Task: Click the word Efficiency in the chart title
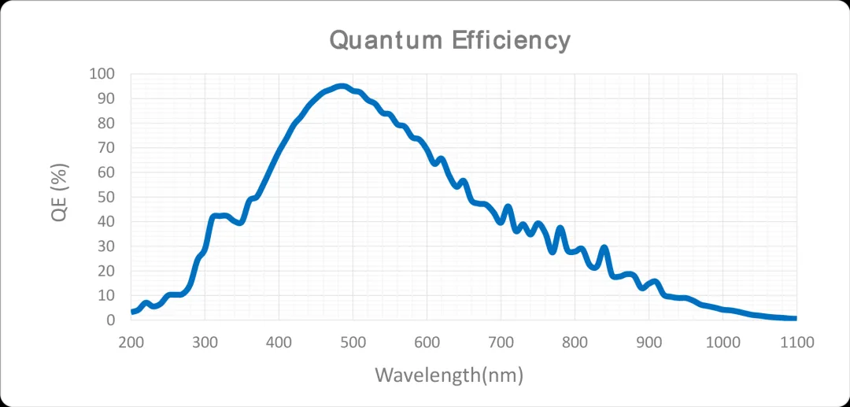(x=511, y=39)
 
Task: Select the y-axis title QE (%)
(x=61, y=192)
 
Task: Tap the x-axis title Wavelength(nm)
(x=449, y=374)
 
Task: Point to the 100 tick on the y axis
(x=102, y=74)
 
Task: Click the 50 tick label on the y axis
(x=105, y=197)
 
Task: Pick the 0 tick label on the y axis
(x=111, y=320)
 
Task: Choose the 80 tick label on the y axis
(x=105, y=124)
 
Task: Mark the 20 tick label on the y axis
(x=105, y=271)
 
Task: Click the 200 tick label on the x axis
(x=131, y=342)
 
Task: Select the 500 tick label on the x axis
(x=353, y=342)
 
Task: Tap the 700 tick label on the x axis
(x=501, y=342)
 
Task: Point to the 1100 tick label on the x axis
(x=796, y=342)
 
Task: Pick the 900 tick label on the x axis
(x=649, y=342)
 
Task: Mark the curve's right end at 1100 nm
(x=795, y=318)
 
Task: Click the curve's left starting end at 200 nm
(x=132, y=312)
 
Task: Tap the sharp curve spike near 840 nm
(x=604, y=249)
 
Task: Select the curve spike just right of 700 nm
(x=508, y=207)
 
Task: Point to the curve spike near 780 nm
(x=560, y=229)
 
